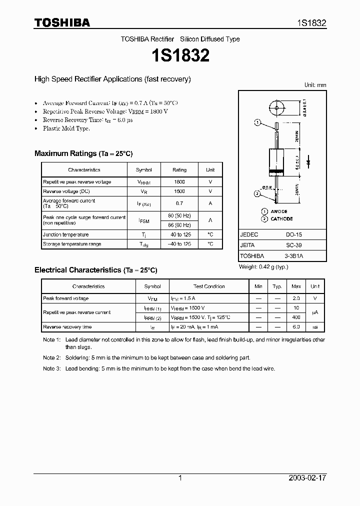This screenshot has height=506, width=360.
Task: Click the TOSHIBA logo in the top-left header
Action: click(61, 22)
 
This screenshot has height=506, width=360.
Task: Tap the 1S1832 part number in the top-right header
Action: click(312, 23)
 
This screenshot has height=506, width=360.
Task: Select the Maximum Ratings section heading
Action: click(83, 153)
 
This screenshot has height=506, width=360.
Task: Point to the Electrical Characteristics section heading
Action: click(95, 270)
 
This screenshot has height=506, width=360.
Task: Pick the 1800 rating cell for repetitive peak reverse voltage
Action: click(179, 182)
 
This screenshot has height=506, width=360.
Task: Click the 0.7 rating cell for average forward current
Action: click(179, 203)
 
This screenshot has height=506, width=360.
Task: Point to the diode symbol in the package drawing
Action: click(308, 161)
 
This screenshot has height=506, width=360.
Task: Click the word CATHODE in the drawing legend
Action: click(282, 219)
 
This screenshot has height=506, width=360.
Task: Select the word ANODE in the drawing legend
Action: click(279, 211)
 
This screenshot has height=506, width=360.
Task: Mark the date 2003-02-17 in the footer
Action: click(307, 478)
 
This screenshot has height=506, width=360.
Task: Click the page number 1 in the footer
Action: click(180, 478)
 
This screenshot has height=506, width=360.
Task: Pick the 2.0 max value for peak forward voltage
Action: click(296, 298)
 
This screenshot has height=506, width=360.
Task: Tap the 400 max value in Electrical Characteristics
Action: click(296, 317)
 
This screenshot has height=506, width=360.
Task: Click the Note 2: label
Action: click(51, 358)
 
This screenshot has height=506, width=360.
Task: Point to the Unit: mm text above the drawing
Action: click(315, 85)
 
